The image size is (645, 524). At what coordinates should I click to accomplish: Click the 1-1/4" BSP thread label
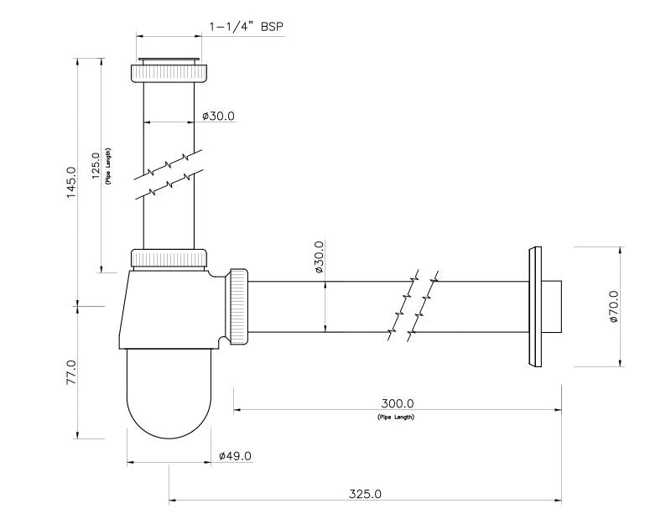246,27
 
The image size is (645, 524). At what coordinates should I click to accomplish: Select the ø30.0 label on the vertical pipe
218,116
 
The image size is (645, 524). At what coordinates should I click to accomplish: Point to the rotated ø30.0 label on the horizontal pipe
319,258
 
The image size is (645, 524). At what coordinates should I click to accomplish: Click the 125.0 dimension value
96,164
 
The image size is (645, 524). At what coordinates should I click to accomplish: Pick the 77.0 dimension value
72,371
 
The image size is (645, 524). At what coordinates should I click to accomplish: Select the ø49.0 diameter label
235,455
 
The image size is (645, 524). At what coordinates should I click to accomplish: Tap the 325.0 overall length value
365,494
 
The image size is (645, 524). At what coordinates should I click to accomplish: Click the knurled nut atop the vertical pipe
169,72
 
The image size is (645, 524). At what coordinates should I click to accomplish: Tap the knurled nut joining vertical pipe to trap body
169,258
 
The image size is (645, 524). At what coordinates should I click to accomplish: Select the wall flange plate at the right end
533,307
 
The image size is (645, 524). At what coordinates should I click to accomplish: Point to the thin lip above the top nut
169,59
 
